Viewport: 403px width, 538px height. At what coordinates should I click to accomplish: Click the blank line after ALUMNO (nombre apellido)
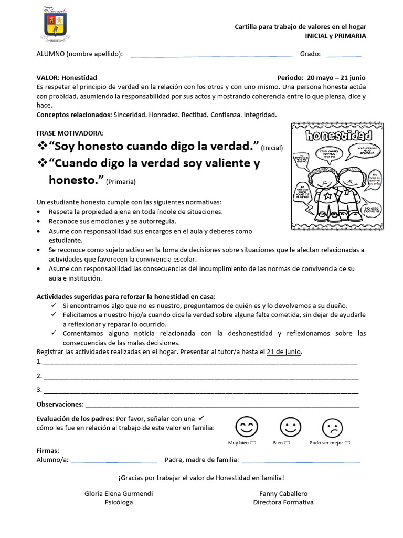pyautogui.click(x=211, y=55)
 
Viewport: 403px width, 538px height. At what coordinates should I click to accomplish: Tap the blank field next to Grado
pyautogui.click(x=343, y=55)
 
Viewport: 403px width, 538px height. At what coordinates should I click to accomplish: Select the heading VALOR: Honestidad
pyautogui.click(x=67, y=78)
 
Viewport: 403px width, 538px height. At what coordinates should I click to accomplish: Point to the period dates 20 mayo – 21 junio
pyautogui.click(x=336, y=78)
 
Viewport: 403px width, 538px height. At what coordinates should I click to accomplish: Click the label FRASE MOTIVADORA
pyautogui.click(x=70, y=133)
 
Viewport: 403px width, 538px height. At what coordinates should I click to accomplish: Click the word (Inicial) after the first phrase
pyautogui.click(x=271, y=148)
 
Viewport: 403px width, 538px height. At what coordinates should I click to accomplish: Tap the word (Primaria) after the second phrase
pyautogui.click(x=121, y=182)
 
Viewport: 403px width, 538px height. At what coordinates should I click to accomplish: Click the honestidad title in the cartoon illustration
pyautogui.click(x=338, y=136)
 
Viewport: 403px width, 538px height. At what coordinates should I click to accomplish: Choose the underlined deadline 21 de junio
pyautogui.click(x=284, y=351)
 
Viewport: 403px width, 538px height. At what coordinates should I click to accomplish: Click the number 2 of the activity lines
pyautogui.click(x=39, y=376)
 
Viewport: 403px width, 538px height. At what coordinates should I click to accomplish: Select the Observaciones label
pyautogui.click(x=60, y=404)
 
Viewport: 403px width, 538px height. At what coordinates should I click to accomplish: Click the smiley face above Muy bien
pyautogui.click(x=246, y=427)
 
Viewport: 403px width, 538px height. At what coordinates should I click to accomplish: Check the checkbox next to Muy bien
pyautogui.click(x=253, y=443)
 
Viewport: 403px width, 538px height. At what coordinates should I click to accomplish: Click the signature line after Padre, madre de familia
pyautogui.click(x=301, y=460)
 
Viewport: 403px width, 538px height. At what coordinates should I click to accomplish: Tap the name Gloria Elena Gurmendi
pyautogui.click(x=119, y=494)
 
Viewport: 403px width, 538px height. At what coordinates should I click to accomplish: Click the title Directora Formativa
pyautogui.click(x=283, y=502)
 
